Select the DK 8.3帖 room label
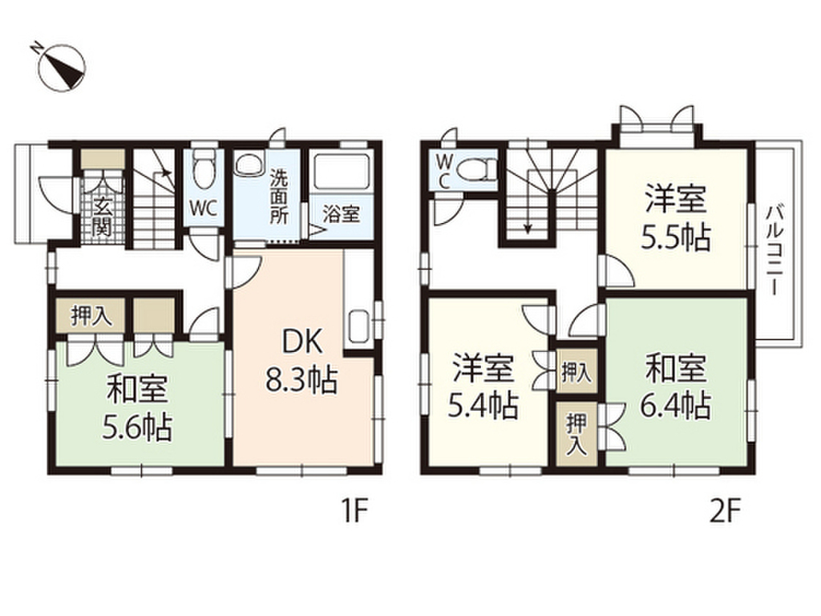[x=301, y=360]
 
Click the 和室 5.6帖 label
[x=139, y=409]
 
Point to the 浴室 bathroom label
[x=341, y=214]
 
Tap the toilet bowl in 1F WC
[x=204, y=167]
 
